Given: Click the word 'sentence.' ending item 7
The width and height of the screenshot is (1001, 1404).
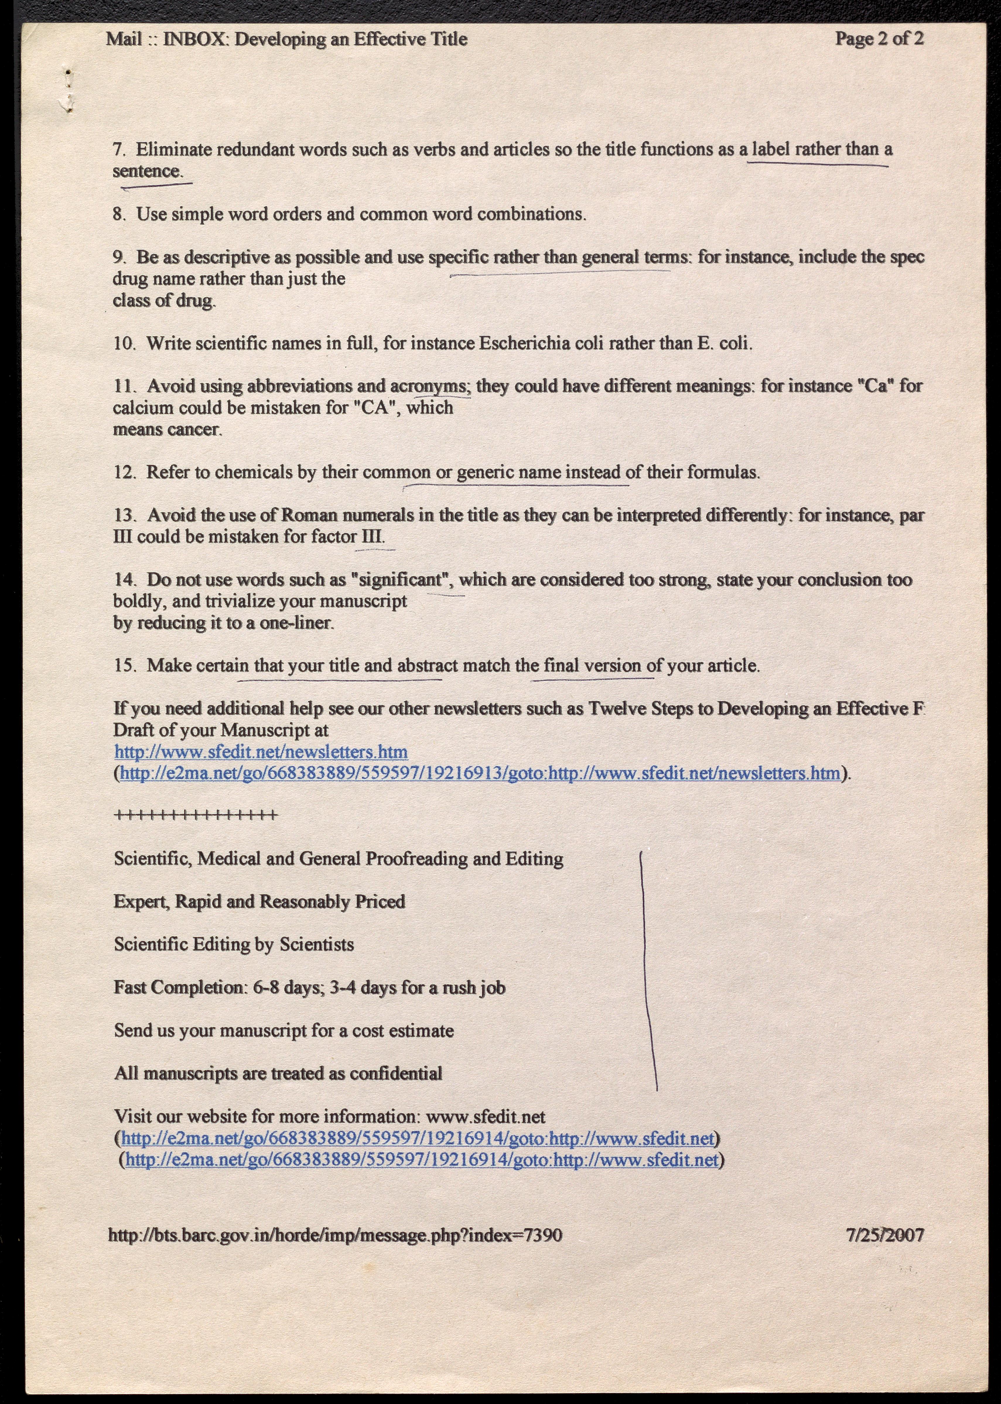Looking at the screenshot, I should pyautogui.click(x=148, y=171).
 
